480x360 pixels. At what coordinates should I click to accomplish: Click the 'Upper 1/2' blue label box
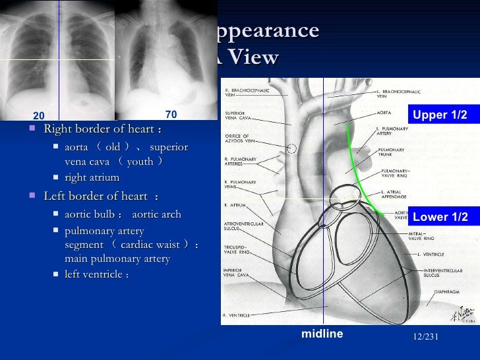click(440, 115)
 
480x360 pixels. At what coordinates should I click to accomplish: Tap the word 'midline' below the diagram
click(322, 334)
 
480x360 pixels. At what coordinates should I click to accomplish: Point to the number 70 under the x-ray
click(171, 114)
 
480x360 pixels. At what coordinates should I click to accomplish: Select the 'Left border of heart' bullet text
click(100, 196)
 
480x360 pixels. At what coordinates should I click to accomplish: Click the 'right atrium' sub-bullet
click(92, 177)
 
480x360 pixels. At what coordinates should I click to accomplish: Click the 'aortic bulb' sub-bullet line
click(123, 214)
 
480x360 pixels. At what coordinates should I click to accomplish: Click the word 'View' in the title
click(255, 58)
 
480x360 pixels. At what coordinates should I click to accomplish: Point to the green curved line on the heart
click(360, 179)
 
